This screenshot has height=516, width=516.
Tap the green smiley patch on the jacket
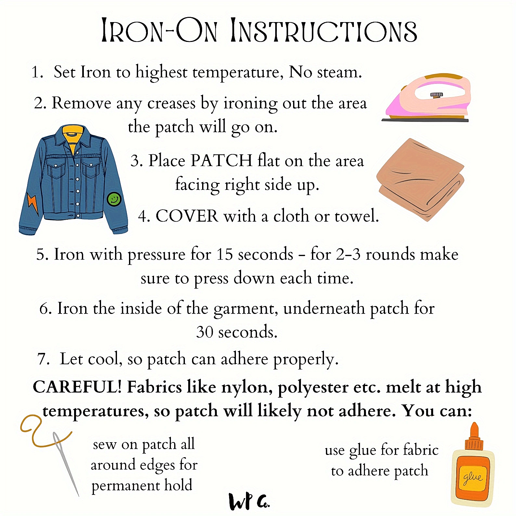(114, 199)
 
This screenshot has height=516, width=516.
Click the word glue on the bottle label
(473, 477)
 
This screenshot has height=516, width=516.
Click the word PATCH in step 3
(222, 160)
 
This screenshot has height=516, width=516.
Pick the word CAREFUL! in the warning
(77, 387)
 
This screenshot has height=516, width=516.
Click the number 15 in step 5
(225, 254)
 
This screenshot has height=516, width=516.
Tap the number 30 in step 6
(205, 332)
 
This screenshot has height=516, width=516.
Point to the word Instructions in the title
(324, 31)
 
